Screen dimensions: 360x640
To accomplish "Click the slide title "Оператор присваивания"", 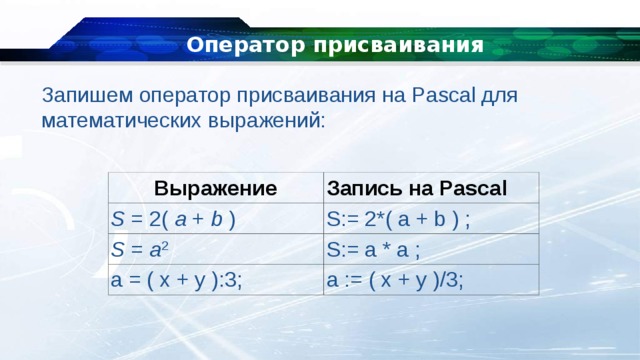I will click(x=335, y=45).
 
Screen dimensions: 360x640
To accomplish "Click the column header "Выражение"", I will click(x=214, y=187).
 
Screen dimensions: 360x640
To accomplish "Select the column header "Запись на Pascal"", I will click(x=417, y=188).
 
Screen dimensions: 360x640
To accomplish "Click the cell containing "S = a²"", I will click(x=140, y=249).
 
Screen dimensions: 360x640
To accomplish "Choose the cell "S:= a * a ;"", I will click(x=373, y=249).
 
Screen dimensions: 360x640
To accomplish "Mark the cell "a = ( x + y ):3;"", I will click(x=181, y=280).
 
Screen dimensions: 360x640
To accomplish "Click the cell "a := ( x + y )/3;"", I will click(x=394, y=280).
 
